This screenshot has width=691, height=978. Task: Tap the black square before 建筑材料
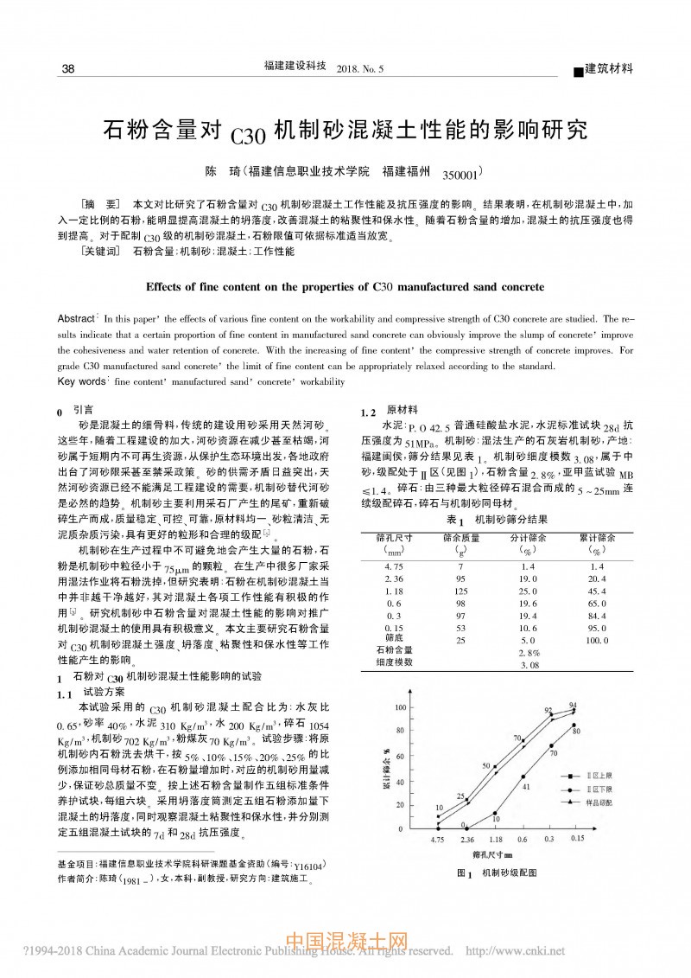point(579,70)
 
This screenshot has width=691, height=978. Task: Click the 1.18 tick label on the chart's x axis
point(495,839)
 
